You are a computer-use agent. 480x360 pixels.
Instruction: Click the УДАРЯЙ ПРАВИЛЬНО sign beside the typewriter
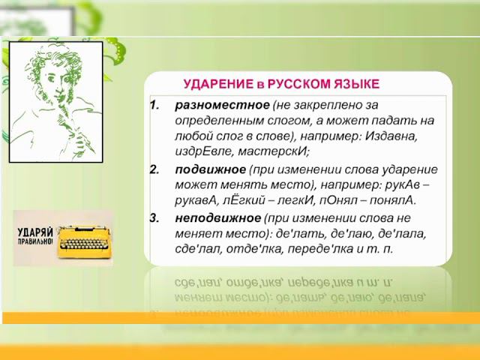point(34,235)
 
